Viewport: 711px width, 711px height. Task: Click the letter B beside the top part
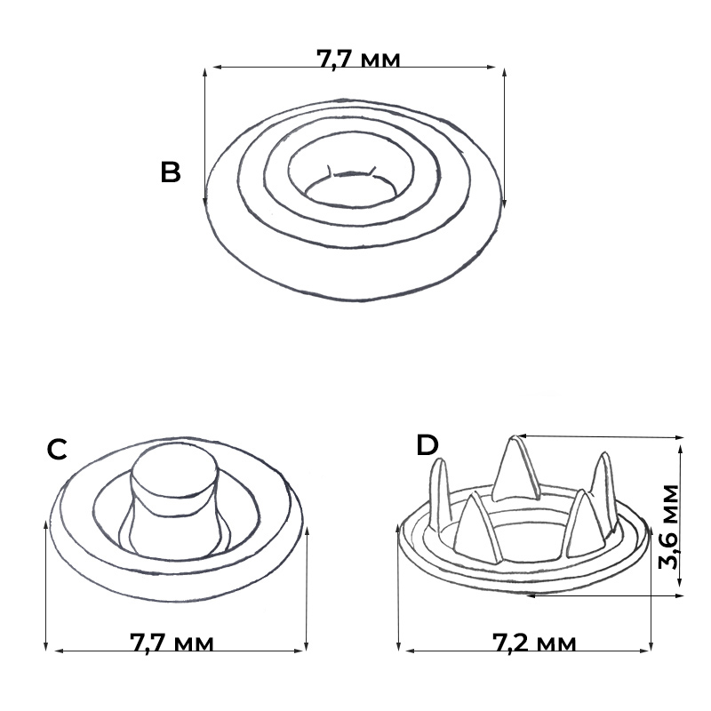pos(171,172)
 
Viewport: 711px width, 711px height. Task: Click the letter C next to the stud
pos(57,450)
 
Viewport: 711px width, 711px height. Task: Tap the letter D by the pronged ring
pos(427,445)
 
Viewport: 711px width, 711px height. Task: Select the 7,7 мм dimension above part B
pos(358,59)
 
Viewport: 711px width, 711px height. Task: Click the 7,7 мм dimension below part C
pos(172,643)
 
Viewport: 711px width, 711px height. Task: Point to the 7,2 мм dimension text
pos(534,643)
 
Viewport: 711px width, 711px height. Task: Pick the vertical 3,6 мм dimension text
pos(668,527)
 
